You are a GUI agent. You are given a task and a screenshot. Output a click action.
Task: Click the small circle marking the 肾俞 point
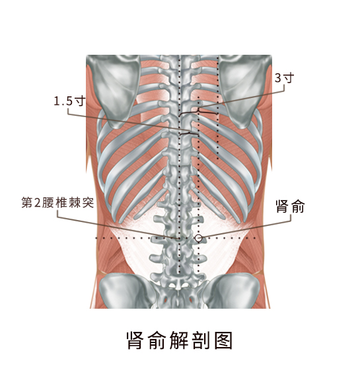[199, 238]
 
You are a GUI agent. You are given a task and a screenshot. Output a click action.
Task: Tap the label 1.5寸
[70, 101]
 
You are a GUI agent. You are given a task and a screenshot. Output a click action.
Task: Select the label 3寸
[285, 78]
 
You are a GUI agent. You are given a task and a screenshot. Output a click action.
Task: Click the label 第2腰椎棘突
[57, 203]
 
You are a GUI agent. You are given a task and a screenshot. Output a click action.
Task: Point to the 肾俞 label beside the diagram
[290, 207]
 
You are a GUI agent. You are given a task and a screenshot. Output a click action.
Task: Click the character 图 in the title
[223, 340]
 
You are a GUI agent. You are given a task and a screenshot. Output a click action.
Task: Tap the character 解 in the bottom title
[179, 340]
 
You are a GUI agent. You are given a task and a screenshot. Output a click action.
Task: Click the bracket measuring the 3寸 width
[198, 113]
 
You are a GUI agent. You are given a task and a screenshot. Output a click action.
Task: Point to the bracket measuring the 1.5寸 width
[189, 133]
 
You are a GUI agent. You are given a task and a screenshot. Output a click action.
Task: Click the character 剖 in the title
[201, 340]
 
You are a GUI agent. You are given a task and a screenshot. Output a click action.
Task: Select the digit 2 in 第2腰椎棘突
[37, 203]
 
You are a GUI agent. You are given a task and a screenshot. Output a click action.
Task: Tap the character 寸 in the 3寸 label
[289, 78]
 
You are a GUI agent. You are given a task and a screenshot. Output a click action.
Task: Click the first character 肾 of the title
[135, 340]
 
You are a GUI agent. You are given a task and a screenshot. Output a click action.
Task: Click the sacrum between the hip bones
[179, 296]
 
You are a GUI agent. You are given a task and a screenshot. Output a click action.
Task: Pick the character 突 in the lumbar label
[88, 203]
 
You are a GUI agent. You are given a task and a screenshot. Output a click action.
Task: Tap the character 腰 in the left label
[48, 203]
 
